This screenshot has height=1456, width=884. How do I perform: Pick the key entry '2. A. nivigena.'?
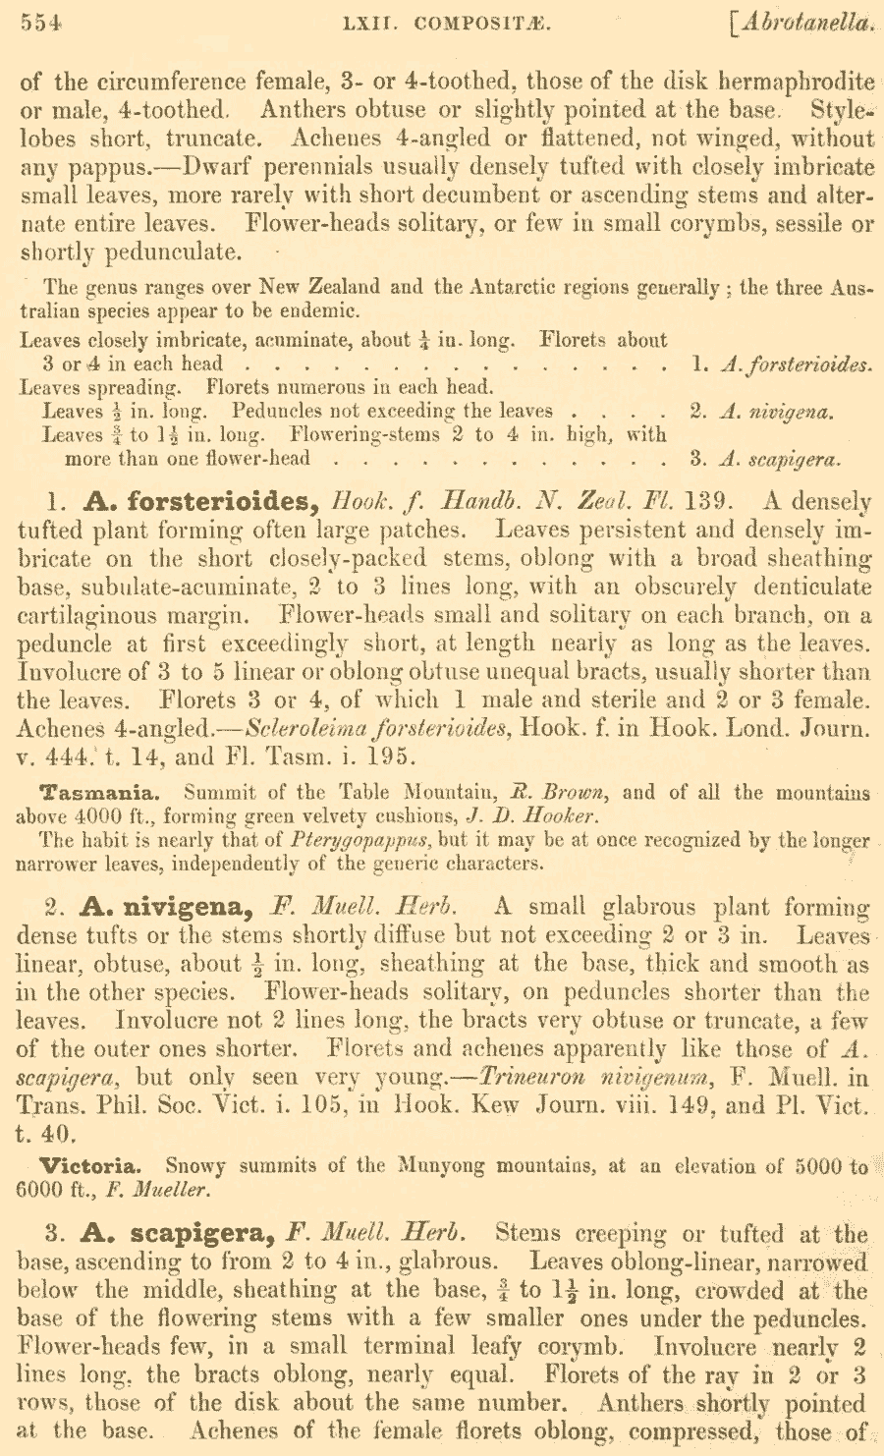coord(761,412)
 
